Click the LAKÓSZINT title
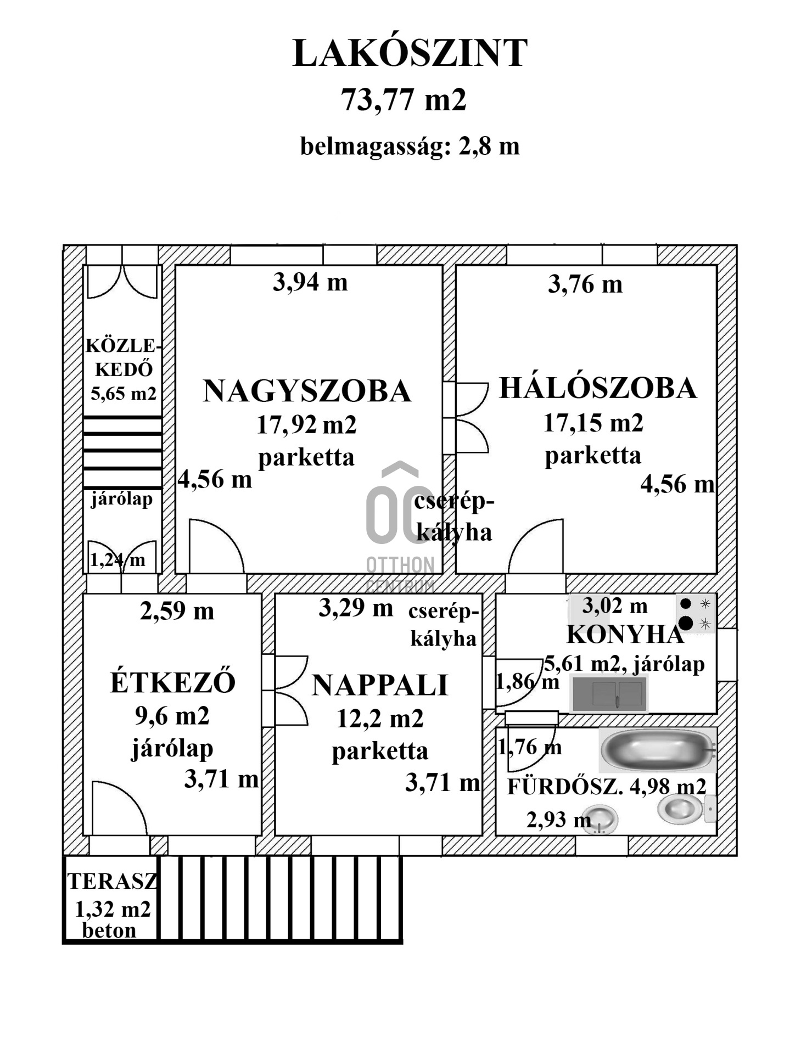point(410,54)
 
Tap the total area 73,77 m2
point(404,100)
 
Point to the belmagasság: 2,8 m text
point(410,147)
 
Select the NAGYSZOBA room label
point(307,391)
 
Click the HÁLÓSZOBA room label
point(598,388)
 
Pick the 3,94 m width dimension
point(310,282)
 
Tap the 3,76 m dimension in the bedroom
point(585,284)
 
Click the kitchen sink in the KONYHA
point(609,694)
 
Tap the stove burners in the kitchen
point(695,614)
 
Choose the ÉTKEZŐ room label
point(173,682)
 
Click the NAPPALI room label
point(380,686)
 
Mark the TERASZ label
point(113,882)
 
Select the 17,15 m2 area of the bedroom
point(593,423)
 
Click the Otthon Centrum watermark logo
point(400,527)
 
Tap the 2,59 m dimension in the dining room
point(177,611)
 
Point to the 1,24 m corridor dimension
point(117,560)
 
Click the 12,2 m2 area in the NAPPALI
point(380,719)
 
